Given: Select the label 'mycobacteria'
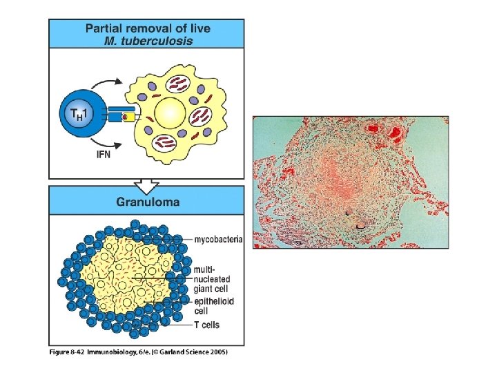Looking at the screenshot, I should (x=218, y=240).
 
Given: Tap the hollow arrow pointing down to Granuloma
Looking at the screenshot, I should (x=146, y=185).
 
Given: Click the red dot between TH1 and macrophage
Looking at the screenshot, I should (x=125, y=117).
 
